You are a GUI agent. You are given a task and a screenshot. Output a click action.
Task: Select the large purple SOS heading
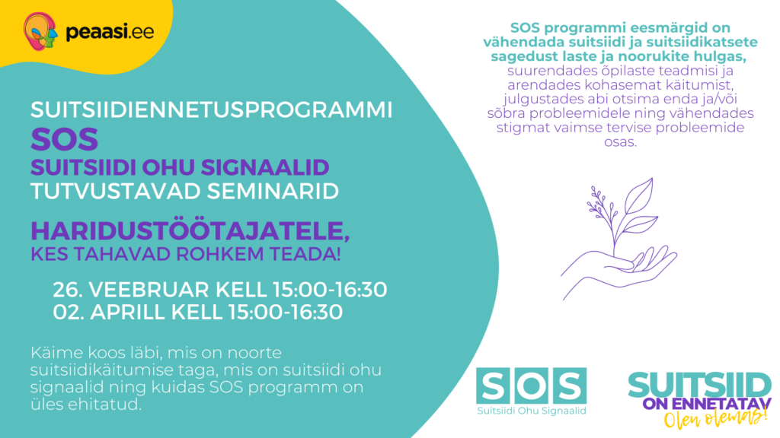65,139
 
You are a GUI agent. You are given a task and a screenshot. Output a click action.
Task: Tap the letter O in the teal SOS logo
531,386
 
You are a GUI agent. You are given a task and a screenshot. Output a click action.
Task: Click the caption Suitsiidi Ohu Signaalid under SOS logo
531,412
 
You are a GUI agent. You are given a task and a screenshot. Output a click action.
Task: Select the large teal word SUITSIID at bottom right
698,385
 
